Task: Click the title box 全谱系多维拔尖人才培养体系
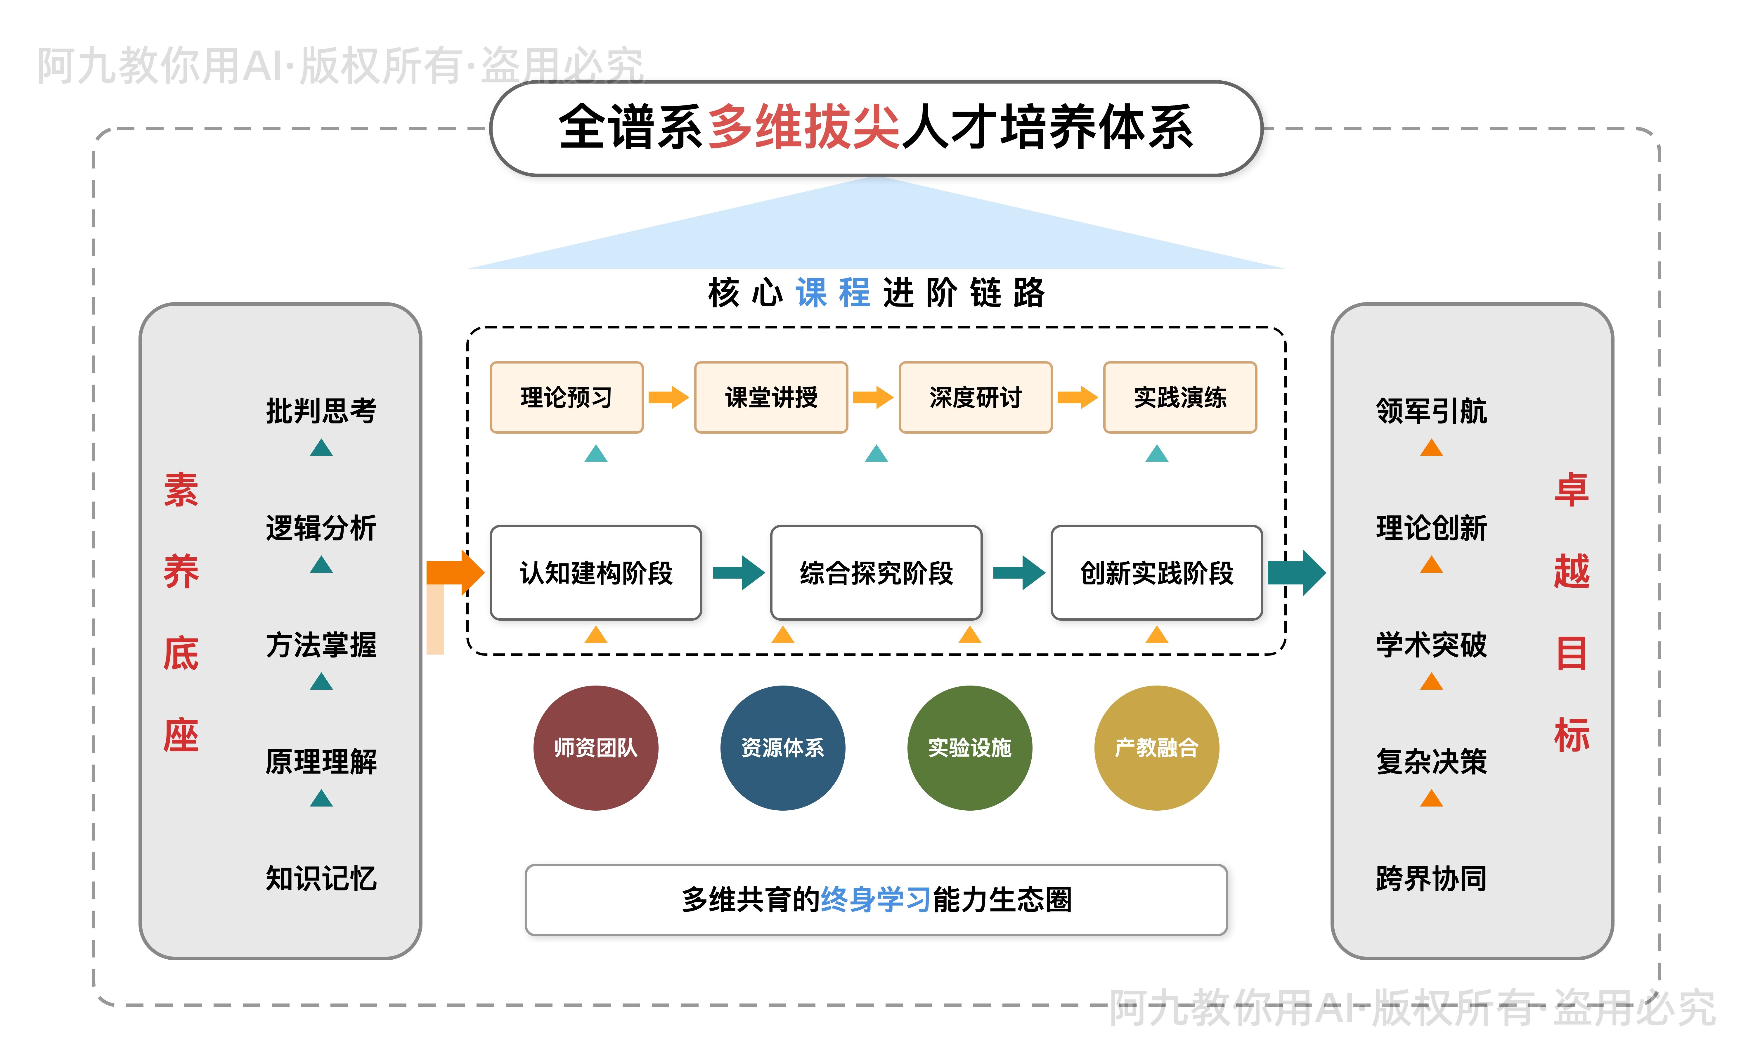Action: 876,128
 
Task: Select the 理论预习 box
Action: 566,398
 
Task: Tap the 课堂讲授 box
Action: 771,398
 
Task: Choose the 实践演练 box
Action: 1180,398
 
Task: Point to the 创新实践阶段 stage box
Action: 1156,573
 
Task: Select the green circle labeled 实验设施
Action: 969,748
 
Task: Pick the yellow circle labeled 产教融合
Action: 1156,748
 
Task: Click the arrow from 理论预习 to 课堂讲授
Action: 668,398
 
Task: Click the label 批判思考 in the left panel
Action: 321,411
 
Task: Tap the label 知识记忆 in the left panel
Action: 321,879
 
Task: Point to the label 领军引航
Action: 1431,411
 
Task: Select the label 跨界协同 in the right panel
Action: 1431,879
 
